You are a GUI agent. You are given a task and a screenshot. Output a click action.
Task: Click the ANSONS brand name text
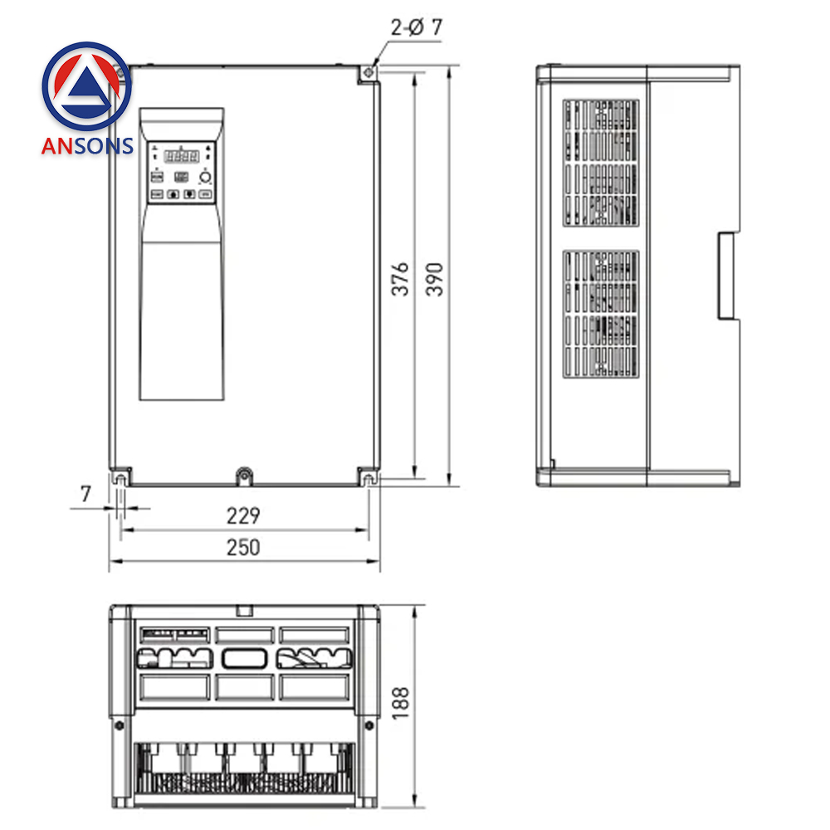coord(87,146)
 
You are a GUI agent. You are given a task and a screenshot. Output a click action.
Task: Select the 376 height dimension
coord(401,279)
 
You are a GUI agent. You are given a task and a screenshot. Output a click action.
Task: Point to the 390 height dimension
coord(435,279)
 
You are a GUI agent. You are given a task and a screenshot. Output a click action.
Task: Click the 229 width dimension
coord(243,515)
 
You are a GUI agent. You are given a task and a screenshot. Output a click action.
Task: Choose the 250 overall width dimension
coord(243,548)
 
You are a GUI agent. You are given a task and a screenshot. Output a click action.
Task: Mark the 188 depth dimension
coord(401,703)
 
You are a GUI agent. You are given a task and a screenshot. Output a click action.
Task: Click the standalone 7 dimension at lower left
coord(85,494)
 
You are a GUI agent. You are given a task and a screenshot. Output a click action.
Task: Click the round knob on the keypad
coord(205,178)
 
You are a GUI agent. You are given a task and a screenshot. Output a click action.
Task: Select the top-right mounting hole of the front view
coord(367,74)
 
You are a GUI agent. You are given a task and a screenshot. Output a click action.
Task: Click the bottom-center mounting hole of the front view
coord(244,476)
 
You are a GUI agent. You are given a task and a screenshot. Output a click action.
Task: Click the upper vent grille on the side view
coord(602,164)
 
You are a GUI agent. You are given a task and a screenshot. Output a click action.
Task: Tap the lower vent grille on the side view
coord(602,313)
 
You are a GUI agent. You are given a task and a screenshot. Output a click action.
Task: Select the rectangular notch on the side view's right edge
coord(727,276)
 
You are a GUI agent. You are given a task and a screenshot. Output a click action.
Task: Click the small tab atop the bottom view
coord(244,612)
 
